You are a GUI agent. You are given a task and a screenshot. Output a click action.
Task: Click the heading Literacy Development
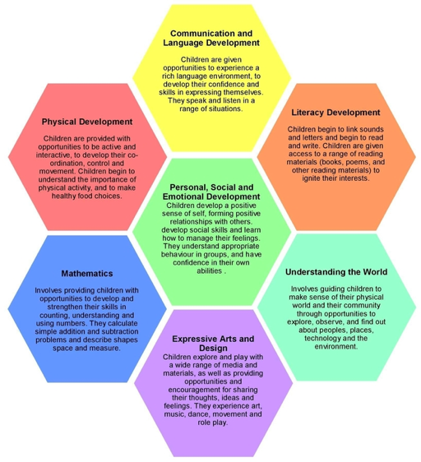[335, 113]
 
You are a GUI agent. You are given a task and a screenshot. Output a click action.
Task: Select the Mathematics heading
[87, 274]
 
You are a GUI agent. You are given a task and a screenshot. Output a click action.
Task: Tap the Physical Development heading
[87, 122]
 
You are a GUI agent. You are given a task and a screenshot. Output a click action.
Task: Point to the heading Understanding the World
[336, 271]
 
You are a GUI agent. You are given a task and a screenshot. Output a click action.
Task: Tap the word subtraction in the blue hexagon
[120, 331]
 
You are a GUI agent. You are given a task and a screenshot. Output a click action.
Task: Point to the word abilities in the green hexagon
[210, 270]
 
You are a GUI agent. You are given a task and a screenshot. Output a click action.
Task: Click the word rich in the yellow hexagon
[169, 76]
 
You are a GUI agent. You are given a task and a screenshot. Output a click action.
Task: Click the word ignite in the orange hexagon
[311, 178]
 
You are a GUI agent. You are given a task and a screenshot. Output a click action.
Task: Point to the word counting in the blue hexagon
[53, 316]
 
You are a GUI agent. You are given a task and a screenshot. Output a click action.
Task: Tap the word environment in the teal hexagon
[336, 347]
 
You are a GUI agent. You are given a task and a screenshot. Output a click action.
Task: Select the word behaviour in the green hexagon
[177, 254]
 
